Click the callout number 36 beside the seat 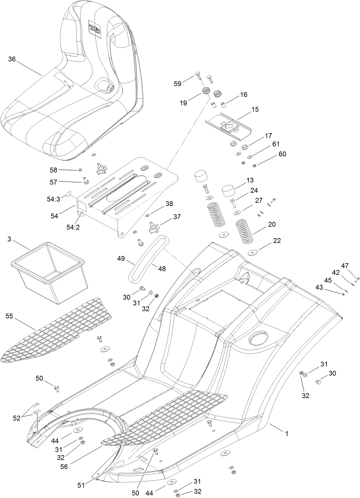pyautogui.click(x=12, y=59)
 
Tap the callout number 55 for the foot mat pyautogui.click(x=9, y=316)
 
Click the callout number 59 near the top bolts pyautogui.click(x=178, y=83)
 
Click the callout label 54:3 pyautogui.click(x=54, y=199)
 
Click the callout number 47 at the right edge pyautogui.click(x=345, y=266)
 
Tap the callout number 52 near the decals pyautogui.click(x=16, y=418)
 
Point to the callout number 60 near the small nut pyautogui.click(x=282, y=154)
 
